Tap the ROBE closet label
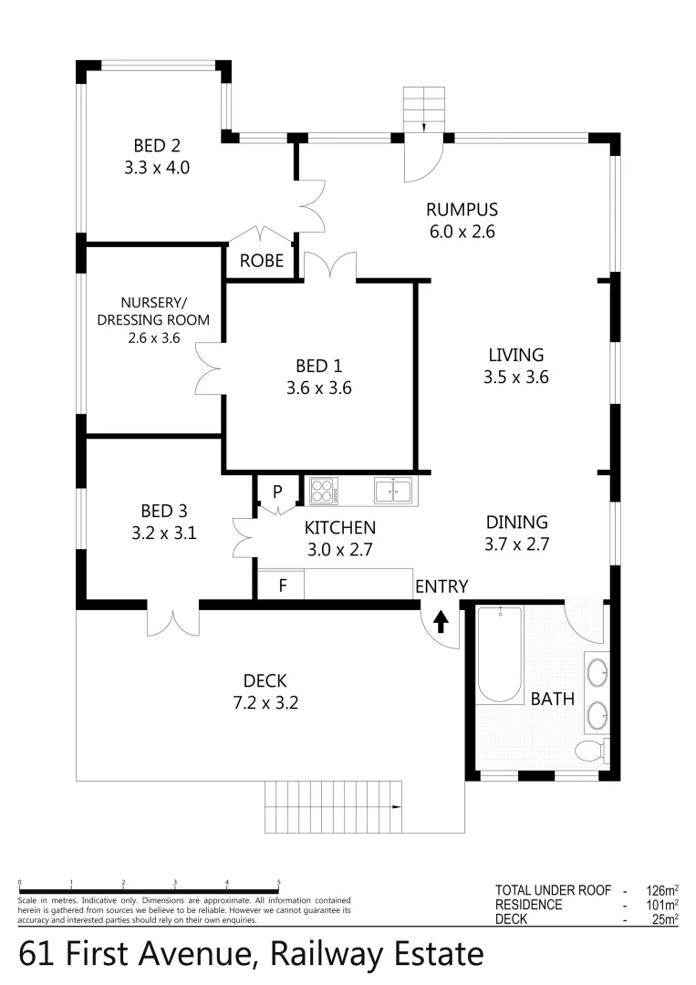[x=262, y=261]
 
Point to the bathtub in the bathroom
[x=499, y=654]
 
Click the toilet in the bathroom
[x=591, y=751]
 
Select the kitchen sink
[x=392, y=492]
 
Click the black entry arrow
[x=441, y=621]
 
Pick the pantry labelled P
[x=277, y=493]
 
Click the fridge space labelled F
[x=282, y=586]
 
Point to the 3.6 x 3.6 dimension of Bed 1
[x=318, y=388]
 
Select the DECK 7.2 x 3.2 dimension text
[x=265, y=703]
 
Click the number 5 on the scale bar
[x=278, y=882]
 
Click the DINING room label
[x=516, y=523]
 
